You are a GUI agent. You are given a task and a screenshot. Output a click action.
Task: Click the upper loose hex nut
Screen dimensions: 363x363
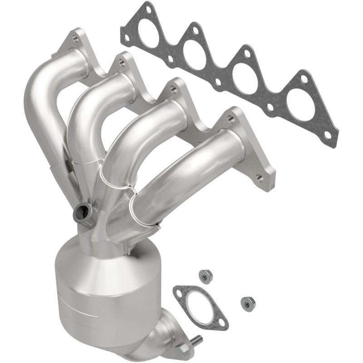click(x=205, y=275)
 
